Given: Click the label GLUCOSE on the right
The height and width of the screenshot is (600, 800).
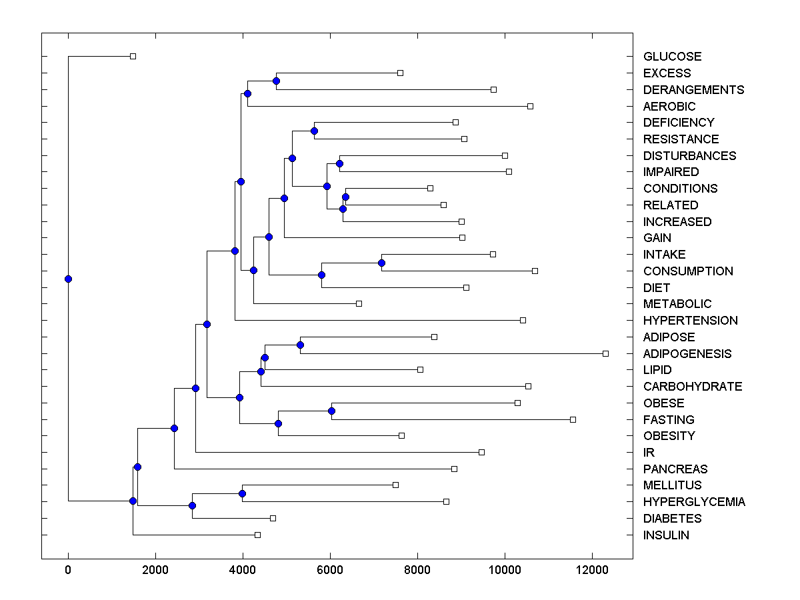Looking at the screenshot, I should coord(672,57).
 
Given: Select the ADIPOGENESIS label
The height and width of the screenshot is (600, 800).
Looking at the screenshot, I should coord(687,354).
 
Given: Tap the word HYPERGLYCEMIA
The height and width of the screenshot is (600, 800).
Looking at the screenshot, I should coord(694,502).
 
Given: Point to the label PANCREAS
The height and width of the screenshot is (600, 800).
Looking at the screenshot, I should coord(675,469).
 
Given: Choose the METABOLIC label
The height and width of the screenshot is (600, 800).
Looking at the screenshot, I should coord(677,304).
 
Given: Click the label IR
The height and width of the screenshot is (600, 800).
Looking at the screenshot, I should coord(649,453).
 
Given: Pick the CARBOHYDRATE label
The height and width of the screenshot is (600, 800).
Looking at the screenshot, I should coord(693,387).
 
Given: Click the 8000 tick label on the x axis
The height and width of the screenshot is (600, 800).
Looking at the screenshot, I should coord(417,570).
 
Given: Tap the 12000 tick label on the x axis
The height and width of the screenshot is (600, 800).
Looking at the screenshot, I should coord(592,570).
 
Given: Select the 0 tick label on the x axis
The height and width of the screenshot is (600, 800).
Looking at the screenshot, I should coord(68,570).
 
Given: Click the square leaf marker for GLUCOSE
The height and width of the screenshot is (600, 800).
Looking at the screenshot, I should coord(133,56).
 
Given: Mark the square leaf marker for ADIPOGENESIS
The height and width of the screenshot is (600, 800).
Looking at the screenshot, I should coord(605,353).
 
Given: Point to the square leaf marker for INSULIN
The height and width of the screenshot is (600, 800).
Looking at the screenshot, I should coord(257,535).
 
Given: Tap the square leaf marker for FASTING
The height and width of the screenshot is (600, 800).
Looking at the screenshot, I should coord(573,419).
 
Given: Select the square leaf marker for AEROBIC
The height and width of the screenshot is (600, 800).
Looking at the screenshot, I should coord(530,106).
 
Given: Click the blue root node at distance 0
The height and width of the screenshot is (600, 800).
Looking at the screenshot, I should coord(68,279).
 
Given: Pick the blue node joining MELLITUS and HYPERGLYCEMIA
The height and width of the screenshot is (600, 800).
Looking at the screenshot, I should coord(242,493).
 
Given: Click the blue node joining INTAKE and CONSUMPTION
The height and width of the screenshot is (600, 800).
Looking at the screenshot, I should coord(381,263).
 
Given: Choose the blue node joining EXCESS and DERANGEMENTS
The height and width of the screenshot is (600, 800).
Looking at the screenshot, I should coord(276,81).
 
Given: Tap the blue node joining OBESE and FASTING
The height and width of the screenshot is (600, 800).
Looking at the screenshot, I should coord(331,411).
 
